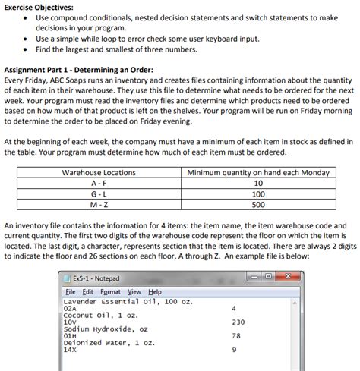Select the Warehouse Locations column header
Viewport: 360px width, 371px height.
coord(98,173)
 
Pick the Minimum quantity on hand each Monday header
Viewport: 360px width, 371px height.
coord(257,173)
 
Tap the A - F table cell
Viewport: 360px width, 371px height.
coord(98,184)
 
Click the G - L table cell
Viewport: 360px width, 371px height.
coord(98,194)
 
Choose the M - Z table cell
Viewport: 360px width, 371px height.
coord(98,205)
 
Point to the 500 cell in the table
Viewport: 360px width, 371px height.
coord(257,205)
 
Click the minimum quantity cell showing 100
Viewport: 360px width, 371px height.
coord(257,194)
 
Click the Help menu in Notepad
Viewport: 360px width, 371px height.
coord(154,292)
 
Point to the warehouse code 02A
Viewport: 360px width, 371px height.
coord(71,309)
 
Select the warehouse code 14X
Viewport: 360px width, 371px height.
coord(71,350)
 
